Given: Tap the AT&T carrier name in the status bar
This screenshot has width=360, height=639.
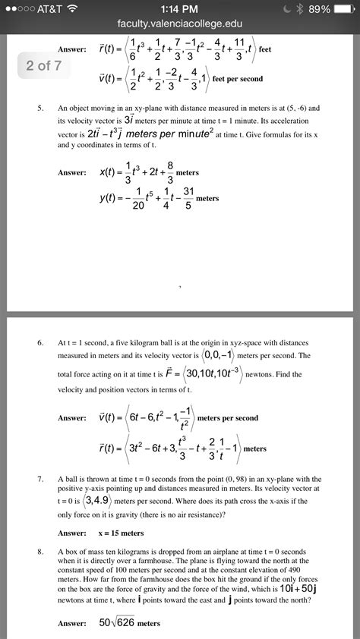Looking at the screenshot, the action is (x=47, y=9).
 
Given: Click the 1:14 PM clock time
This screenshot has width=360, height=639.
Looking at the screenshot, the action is (x=180, y=9).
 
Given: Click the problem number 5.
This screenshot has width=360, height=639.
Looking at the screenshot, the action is (x=41, y=108).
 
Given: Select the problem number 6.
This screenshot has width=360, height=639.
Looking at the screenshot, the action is (x=41, y=343).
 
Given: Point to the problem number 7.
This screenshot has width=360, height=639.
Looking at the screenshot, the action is (x=41, y=480).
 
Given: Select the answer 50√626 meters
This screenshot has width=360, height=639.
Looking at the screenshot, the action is (x=129, y=623).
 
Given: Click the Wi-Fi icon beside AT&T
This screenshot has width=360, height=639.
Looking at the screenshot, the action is (x=74, y=9).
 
